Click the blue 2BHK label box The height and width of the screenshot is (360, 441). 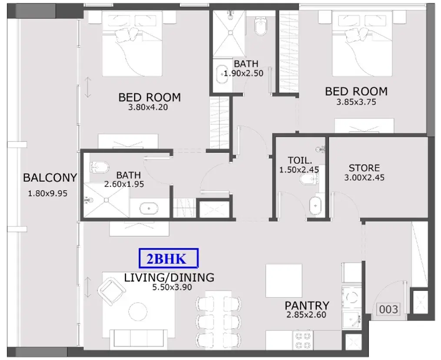(x=169, y=258)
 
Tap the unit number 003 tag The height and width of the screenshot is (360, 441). (x=388, y=310)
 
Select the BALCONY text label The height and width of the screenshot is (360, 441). (x=50, y=178)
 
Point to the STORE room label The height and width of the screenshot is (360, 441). (x=364, y=168)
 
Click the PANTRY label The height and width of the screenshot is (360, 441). (x=307, y=305)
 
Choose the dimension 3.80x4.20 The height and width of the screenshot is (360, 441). (x=148, y=107)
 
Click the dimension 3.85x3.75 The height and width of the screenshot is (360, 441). (x=356, y=102)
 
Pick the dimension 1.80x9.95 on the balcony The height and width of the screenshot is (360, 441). (x=47, y=193)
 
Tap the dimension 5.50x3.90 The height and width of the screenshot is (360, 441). (x=172, y=287)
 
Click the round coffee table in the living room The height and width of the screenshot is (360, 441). (x=138, y=311)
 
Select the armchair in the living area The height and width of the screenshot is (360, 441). (x=111, y=291)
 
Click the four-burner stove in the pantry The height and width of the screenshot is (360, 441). (x=303, y=340)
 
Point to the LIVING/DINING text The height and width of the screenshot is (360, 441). (x=169, y=277)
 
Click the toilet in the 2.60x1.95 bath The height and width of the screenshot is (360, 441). (x=99, y=167)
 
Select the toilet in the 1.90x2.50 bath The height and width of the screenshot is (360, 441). (x=260, y=26)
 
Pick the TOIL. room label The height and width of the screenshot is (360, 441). (x=300, y=160)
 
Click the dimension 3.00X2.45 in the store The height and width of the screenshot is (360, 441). (x=364, y=177)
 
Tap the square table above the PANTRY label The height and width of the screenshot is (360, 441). (x=284, y=281)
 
